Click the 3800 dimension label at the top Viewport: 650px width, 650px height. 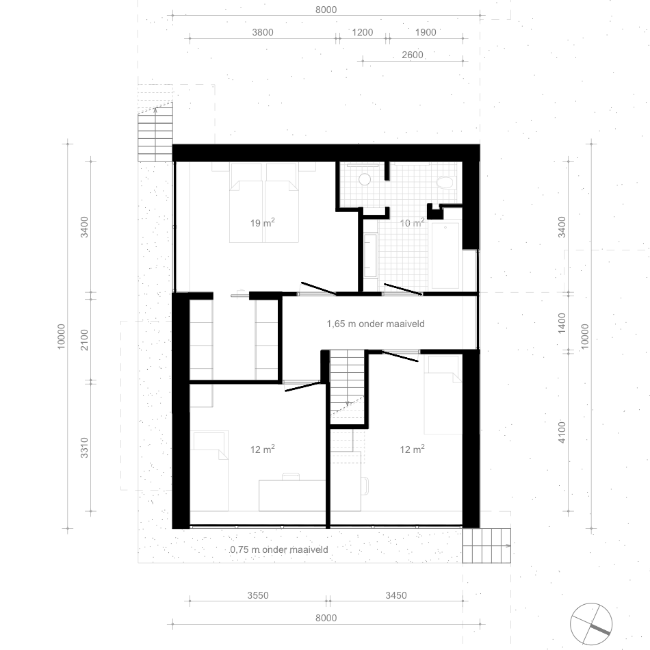pos(263,32)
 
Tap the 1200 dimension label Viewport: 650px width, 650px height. pos(363,32)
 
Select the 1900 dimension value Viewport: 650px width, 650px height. pos(426,32)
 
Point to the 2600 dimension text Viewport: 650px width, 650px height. pos(413,55)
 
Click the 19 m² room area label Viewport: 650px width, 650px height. pos(263,222)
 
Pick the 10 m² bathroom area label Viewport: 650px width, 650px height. pos(412,222)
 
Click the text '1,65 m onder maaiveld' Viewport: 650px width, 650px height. pos(376,324)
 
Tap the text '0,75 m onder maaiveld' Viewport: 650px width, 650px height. pos(279,549)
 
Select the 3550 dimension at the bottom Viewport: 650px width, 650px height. pos(258,595)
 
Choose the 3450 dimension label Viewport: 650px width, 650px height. pos(396,595)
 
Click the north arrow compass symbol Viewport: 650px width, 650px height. pos(591,624)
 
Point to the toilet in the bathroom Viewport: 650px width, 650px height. pos(446,183)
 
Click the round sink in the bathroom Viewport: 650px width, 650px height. pos(365,179)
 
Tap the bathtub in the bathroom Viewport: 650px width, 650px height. pos(445,255)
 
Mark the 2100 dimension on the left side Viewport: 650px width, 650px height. pos(85,340)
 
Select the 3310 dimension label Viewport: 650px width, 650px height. pos(85,447)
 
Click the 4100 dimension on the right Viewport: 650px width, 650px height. pos(562,432)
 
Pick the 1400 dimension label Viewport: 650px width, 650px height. pos(562,323)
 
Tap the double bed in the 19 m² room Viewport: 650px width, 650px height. pos(264,203)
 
